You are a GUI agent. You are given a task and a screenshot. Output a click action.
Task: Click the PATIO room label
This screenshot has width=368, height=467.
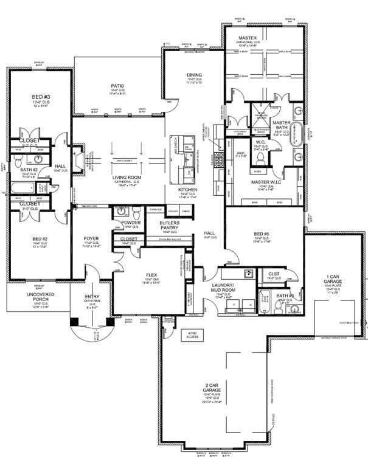(117, 86)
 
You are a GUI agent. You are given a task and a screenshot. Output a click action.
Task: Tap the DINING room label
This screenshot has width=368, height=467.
(194, 75)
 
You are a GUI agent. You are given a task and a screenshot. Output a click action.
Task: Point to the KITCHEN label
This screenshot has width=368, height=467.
(187, 190)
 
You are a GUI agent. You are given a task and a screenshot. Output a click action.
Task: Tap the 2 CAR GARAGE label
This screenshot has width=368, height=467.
(214, 389)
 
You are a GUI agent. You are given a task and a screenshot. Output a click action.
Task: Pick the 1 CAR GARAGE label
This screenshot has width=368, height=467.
(336, 278)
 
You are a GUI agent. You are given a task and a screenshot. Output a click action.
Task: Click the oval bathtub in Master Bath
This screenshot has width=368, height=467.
(294, 134)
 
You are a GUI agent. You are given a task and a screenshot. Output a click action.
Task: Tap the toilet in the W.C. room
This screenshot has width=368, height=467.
(260, 157)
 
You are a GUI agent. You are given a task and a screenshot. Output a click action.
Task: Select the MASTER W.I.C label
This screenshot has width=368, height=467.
(268, 182)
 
